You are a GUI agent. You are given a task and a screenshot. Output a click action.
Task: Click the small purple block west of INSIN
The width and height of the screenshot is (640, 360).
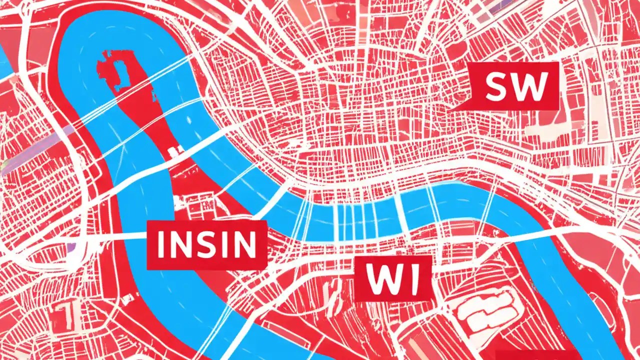point(73,246)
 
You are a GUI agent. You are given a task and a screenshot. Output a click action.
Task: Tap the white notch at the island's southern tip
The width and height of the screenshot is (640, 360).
point(175,149)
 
